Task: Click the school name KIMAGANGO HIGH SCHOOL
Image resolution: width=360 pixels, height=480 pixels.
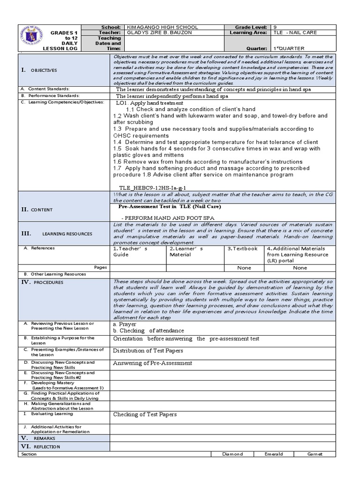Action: click(163, 27)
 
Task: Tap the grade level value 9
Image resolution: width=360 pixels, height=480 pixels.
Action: click(275, 27)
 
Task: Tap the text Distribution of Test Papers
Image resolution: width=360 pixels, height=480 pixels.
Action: click(148, 351)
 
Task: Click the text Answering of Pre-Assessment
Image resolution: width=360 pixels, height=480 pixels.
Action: click(152, 363)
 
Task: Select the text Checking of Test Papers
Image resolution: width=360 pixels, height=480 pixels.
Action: click(145, 414)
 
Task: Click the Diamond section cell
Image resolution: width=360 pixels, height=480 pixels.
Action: click(232, 454)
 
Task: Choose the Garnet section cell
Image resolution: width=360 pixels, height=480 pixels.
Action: click(315, 454)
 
